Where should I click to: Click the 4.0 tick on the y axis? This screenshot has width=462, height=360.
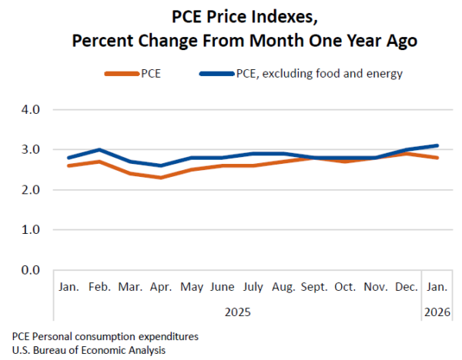pyautogui.click(x=30, y=110)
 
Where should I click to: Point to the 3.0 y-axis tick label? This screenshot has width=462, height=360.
pyautogui.click(x=30, y=150)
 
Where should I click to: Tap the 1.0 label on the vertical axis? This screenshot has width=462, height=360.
pyautogui.click(x=30, y=230)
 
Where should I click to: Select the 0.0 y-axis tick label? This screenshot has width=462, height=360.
pyautogui.click(x=30, y=270)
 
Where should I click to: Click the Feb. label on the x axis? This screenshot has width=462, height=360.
pyautogui.click(x=99, y=287)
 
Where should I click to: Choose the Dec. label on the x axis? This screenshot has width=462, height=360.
pyautogui.click(x=406, y=287)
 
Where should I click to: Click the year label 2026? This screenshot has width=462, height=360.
pyautogui.click(x=437, y=312)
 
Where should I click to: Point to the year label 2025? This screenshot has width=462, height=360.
pyautogui.click(x=237, y=312)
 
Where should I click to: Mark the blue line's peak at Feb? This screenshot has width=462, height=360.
pyautogui.click(x=99, y=150)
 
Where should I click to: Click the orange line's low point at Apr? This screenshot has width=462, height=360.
pyautogui.click(x=160, y=178)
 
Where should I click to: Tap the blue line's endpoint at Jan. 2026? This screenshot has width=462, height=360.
pyautogui.click(x=437, y=145)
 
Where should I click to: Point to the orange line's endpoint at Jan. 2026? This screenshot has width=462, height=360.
pyautogui.click(x=437, y=158)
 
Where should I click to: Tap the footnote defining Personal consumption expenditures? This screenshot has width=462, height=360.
pyautogui.click(x=105, y=337)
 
